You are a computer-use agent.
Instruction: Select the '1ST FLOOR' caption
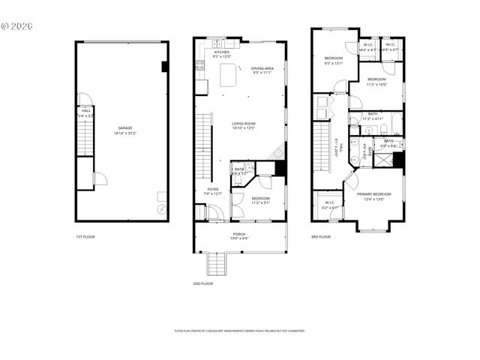[x=84, y=237]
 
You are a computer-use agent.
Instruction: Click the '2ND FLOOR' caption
[x=202, y=283]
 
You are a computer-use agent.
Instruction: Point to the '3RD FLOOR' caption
[x=320, y=237]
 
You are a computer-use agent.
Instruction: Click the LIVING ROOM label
[x=243, y=125]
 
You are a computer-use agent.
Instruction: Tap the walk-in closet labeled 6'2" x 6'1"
[x=329, y=205]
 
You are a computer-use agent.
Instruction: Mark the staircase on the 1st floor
[x=83, y=140]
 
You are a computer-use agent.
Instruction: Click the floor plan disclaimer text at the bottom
[x=239, y=331]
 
